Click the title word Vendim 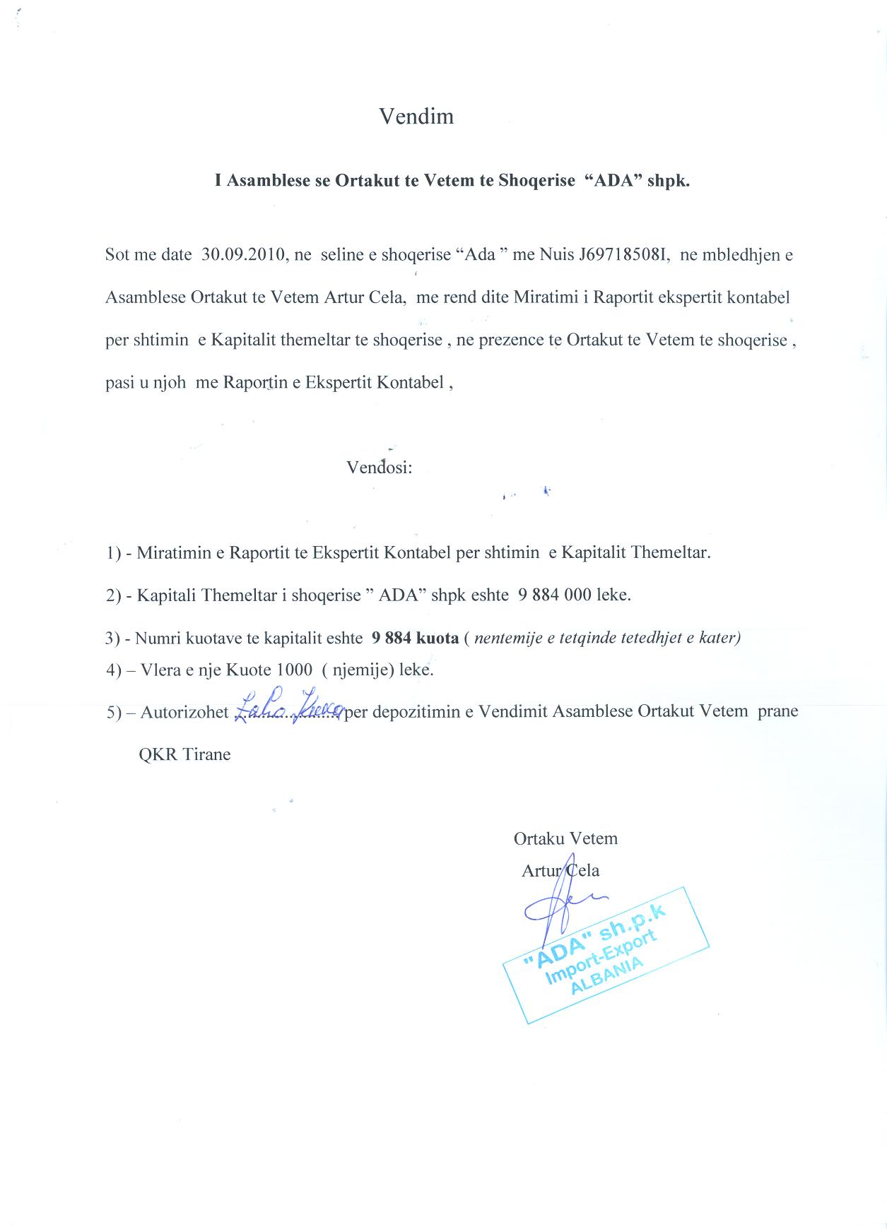416,117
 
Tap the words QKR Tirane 185,754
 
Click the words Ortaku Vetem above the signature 565,839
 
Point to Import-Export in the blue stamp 601,954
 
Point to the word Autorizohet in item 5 184,712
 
